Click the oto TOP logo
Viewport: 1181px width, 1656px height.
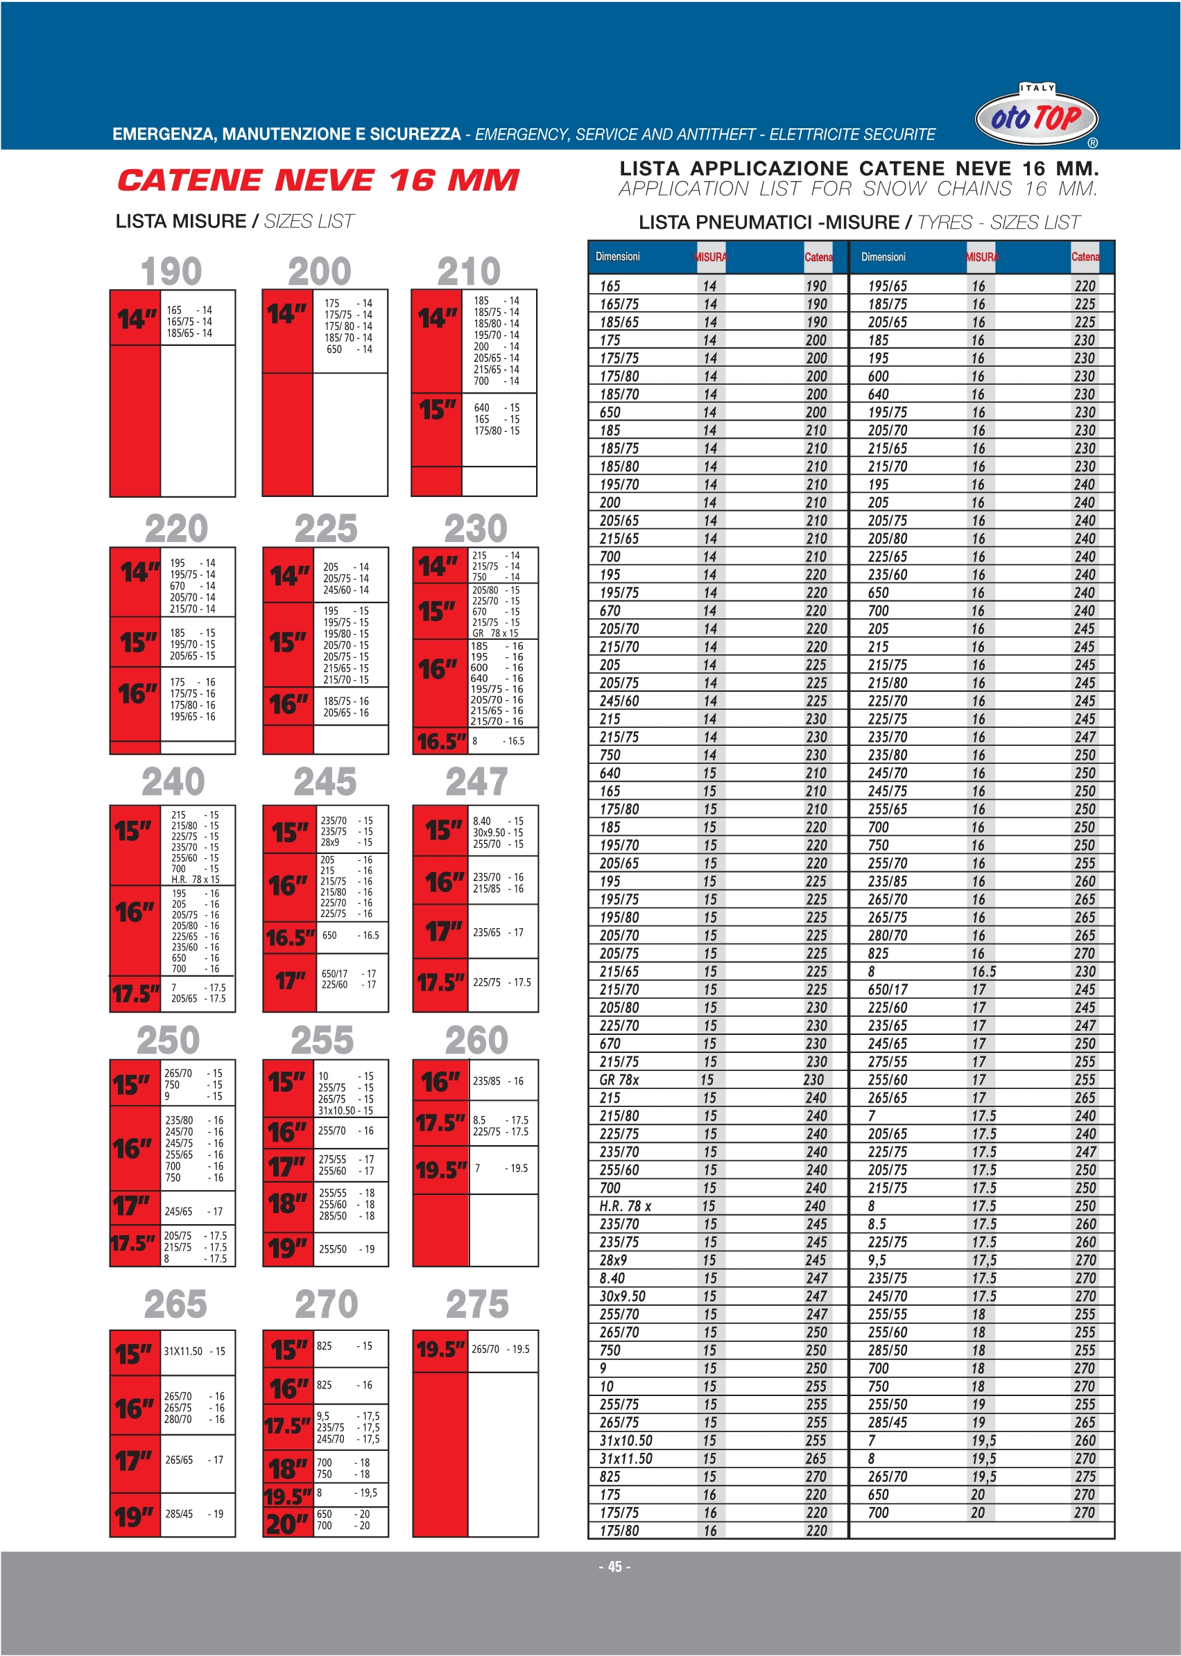click(1035, 117)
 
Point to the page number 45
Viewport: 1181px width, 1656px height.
click(614, 1567)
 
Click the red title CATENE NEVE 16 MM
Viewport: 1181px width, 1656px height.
click(318, 180)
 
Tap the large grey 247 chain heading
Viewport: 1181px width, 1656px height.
click(476, 782)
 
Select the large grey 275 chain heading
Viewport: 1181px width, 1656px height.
click(477, 1304)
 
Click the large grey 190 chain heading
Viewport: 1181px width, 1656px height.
click(171, 272)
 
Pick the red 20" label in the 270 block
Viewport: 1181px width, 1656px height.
click(287, 1524)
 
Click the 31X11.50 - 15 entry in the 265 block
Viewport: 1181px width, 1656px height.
click(194, 1352)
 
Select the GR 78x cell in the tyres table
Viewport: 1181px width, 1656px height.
click(619, 1079)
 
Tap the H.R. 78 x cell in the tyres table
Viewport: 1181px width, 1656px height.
click(625, 1206)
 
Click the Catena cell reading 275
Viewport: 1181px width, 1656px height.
click(1085, 1476)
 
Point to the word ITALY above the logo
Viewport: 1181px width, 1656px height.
click(1037, 88)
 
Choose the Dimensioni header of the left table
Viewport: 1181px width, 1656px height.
click(617, 256)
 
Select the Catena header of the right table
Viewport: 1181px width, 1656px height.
click(1085, 257)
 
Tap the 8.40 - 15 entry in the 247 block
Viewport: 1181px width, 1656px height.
click(497, 821)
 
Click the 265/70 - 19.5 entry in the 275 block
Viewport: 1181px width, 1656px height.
click(500, 1349)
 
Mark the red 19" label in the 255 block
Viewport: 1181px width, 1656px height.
click(288, 1248)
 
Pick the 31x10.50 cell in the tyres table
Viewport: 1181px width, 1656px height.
click(626, 1440)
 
